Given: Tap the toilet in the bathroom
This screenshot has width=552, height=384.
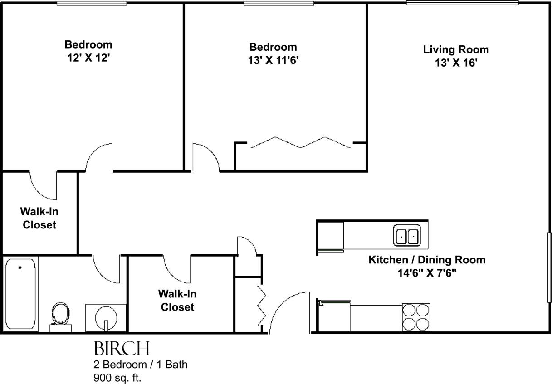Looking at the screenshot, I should (60, 315).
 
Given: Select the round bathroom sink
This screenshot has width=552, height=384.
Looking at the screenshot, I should (106, 318).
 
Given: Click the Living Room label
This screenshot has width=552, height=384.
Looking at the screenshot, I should (456, 49).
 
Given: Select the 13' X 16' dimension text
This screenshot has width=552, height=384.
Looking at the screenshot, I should (456, 63).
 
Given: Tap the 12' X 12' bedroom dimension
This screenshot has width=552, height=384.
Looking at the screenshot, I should (88, 58).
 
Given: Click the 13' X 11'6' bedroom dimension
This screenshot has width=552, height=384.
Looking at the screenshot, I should (273, 61).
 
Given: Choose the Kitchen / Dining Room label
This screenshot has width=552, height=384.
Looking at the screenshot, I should (426, 260).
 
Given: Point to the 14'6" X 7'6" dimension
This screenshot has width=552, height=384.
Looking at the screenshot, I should (426, 274).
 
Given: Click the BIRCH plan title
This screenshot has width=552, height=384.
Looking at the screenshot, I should (121, 349).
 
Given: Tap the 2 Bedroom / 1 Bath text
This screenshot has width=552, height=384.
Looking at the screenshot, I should (140, 364).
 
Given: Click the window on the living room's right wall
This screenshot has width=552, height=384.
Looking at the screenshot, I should (549, 267).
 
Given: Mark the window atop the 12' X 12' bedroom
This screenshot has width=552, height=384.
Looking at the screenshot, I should (92, 4).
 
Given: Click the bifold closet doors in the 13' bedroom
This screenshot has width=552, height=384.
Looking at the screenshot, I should (301, 142).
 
